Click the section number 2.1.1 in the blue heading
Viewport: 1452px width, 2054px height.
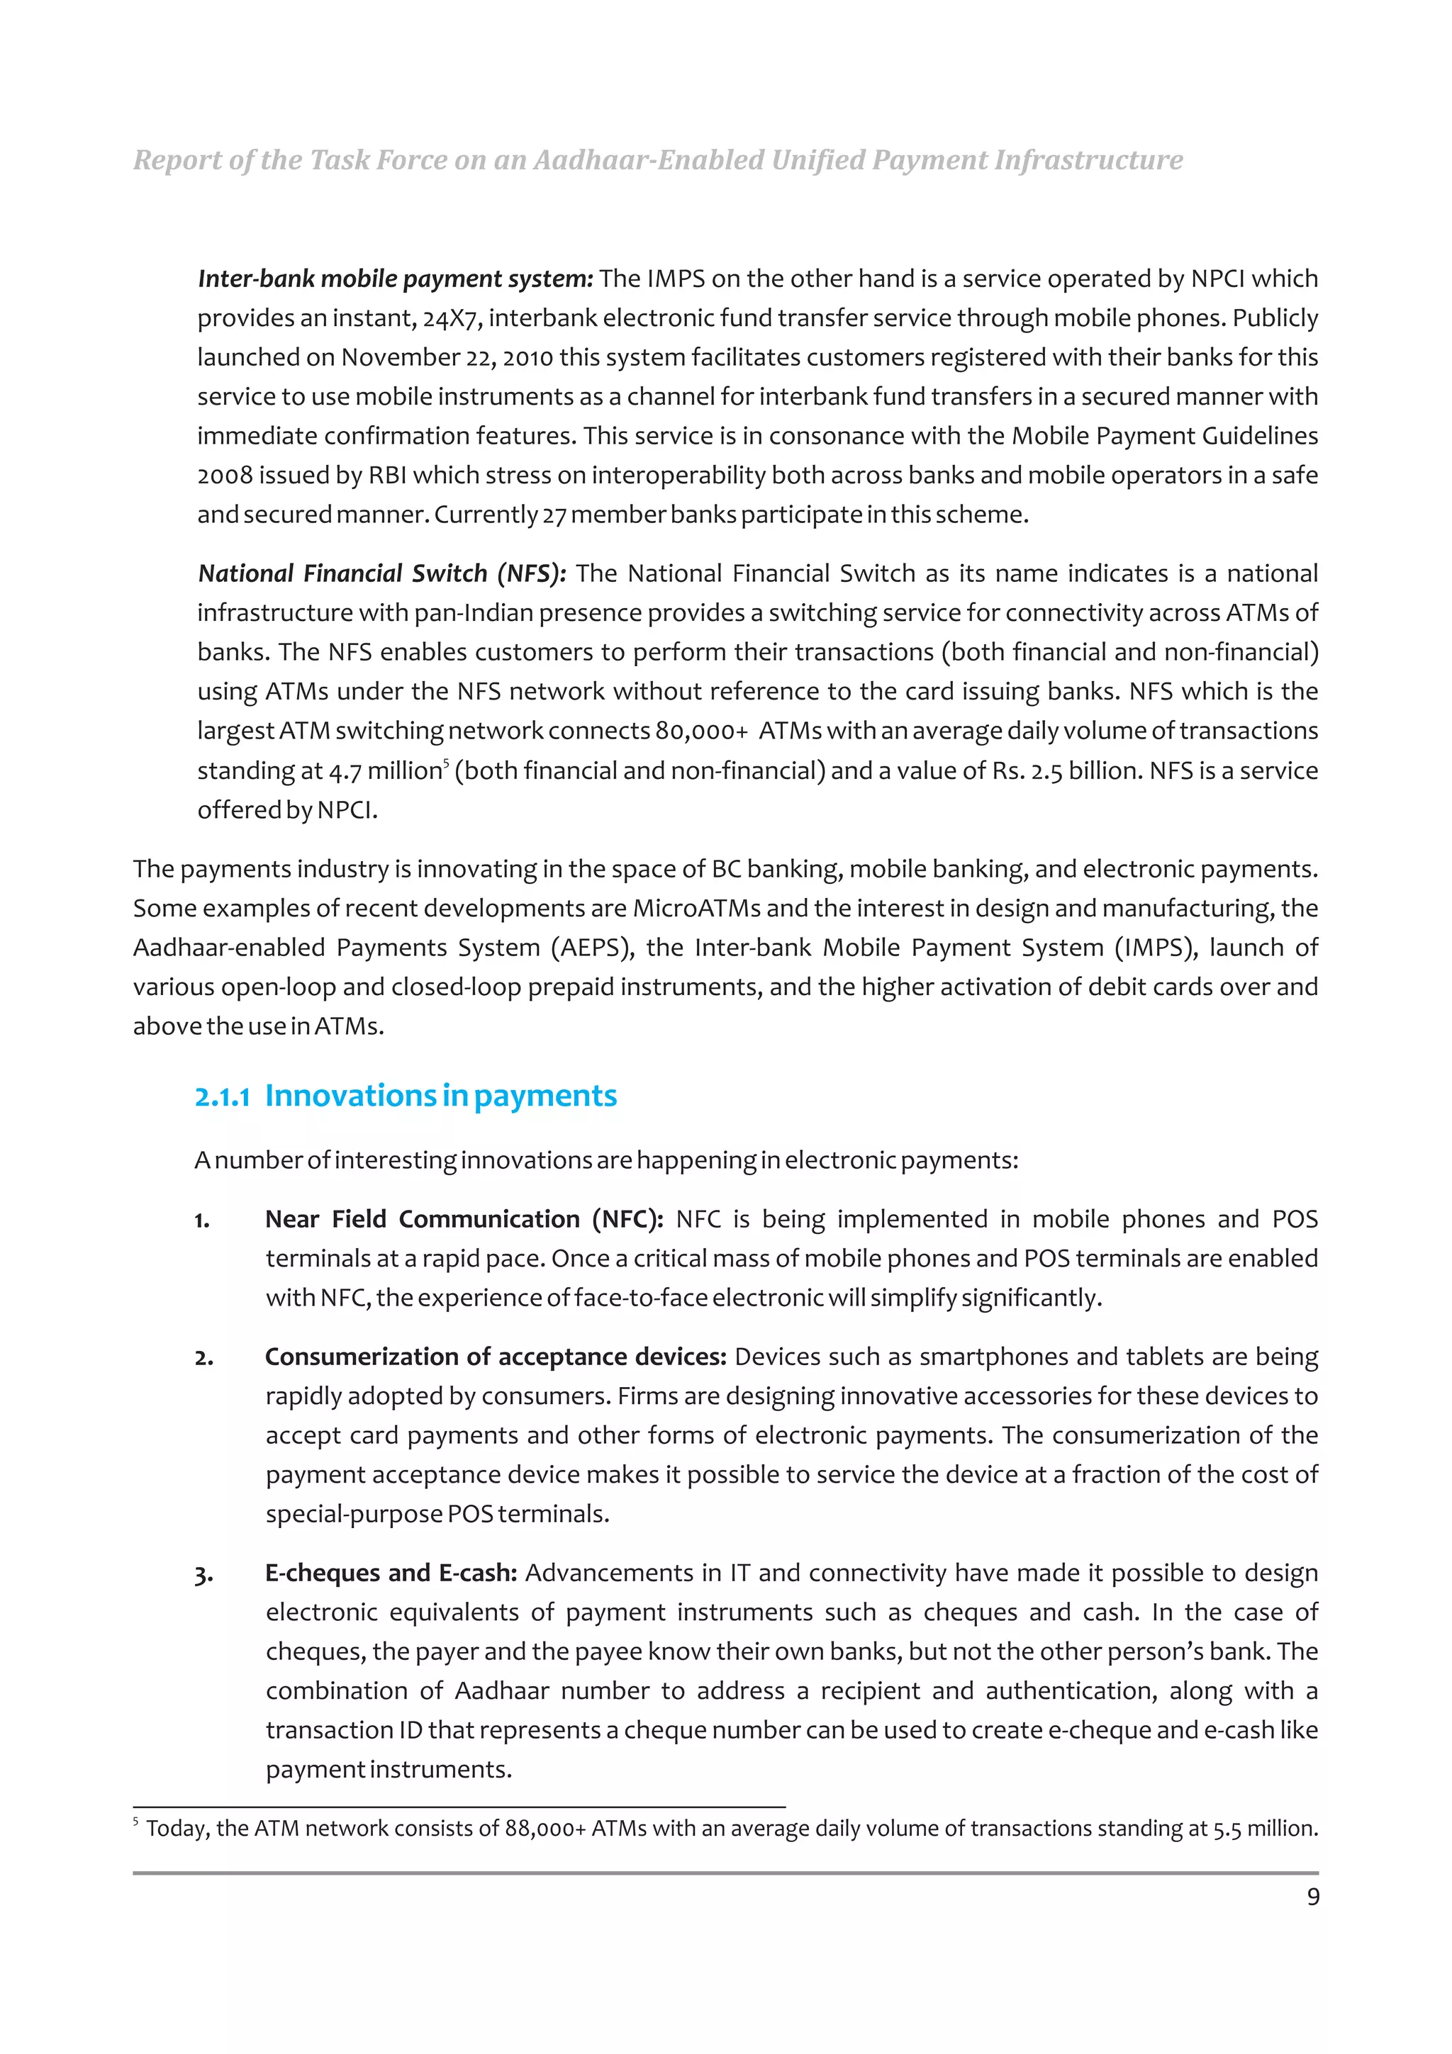pos(222,1096)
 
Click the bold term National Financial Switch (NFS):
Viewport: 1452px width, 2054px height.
pos(382,573)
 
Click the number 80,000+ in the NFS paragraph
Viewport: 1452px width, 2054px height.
pos(701,731)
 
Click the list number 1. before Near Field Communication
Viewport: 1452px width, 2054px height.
pos(203,1220)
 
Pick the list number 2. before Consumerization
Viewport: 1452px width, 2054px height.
pos(204,1358)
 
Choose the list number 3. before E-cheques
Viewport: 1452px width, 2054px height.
pos(204,1574)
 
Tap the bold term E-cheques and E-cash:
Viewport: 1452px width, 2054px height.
pos(391,1573)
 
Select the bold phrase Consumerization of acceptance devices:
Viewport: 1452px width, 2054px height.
pos(495,1357)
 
